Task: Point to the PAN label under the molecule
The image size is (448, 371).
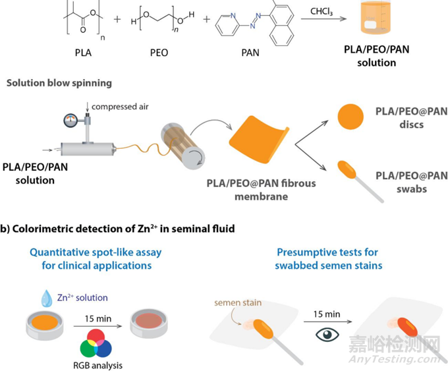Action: click(252, 50)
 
